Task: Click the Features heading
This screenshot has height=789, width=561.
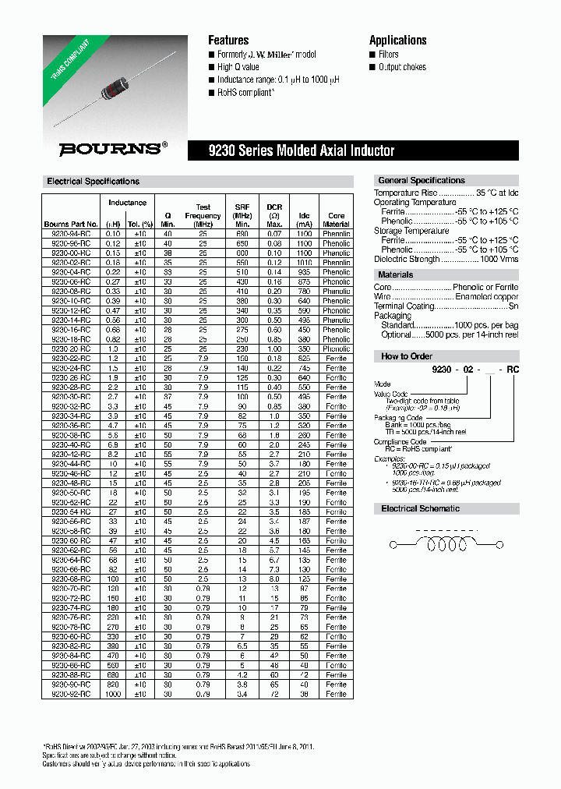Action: (228, 41)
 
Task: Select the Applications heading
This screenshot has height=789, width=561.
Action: (397, 41)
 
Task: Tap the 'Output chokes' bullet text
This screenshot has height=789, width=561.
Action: (402, 67)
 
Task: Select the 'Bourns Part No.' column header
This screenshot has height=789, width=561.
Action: (71, 224)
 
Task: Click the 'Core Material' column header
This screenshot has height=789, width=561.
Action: (336, 220)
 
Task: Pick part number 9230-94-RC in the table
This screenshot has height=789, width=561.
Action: (71, 233)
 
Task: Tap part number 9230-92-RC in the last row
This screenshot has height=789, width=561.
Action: (71, 693)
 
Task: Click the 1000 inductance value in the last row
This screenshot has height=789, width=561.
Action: (114, 693)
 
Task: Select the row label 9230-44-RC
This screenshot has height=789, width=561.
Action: (71, 463)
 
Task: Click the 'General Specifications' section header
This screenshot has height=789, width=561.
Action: (421, 180)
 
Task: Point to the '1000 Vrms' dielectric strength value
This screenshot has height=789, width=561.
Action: (498, 259)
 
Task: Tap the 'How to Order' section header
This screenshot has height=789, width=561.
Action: (406, 356)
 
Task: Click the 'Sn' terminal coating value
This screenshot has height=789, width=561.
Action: (513, 306)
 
